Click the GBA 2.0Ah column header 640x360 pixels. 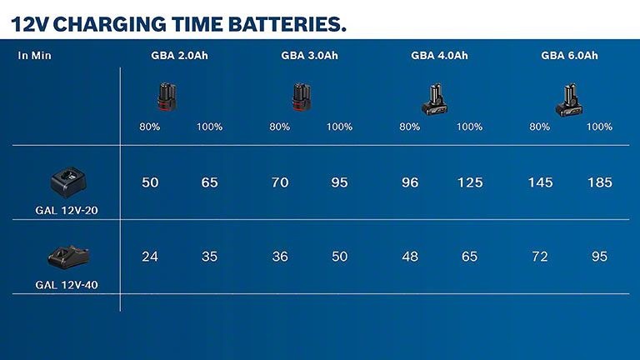[179, 56]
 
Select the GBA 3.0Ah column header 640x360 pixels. [309, 56]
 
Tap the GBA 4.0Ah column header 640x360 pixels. [439, 56]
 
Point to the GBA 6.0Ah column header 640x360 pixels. [569, 56]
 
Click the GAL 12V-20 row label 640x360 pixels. [67, 212]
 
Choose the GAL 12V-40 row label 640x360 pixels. [67, 284]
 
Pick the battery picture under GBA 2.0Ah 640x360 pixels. [167, 97]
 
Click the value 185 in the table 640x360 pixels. [600, 182]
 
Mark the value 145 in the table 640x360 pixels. [539, 182]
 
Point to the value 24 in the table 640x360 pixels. [150, 257]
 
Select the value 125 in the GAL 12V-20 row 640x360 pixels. [470, 182]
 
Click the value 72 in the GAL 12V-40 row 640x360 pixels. [539, 257]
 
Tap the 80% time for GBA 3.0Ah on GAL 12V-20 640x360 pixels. [280, 182]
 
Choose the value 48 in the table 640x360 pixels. [410, 257]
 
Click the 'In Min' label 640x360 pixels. [35, 56]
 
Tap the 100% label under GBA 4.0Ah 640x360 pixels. [470, 127]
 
